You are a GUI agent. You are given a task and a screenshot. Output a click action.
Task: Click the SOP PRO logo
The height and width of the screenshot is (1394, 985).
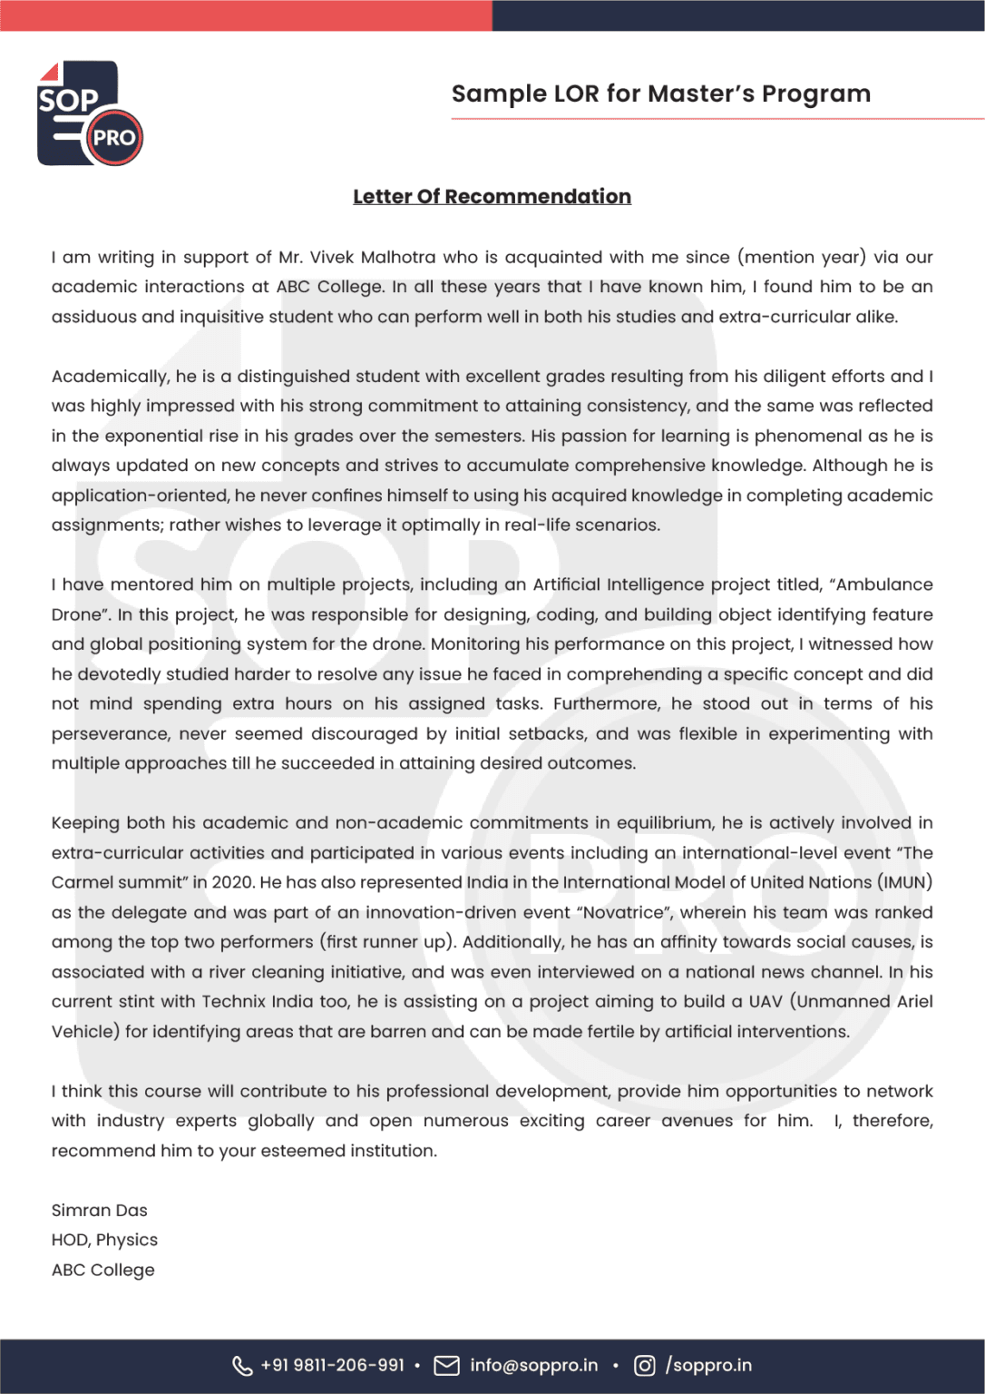(x=89, y=113)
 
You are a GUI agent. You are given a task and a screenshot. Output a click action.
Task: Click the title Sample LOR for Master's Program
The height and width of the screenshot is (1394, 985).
(x=660, y=93)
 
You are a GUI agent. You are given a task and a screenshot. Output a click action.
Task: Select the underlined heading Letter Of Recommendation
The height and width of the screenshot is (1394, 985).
(x=492, y=196)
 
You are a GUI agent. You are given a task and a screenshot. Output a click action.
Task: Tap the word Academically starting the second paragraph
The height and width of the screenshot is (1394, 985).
(x=110, y=376)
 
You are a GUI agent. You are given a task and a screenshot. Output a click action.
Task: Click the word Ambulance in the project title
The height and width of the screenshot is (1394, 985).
(x=883, y=584)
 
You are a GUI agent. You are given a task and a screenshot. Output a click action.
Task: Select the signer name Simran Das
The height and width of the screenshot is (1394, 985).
(x=99, y=1210)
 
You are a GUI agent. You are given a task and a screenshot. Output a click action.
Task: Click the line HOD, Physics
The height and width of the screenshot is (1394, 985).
(x=104, y=1240)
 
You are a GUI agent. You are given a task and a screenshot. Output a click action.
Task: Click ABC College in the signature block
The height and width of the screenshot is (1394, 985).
(x=102, y=1270)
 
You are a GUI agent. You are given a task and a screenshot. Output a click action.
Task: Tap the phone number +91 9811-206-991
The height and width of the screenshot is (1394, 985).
(x=332, y=1365)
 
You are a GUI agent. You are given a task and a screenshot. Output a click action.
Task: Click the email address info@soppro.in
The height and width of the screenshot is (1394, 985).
(x=533, y=1365)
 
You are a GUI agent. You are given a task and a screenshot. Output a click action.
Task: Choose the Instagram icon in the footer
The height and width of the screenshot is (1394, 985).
(x=644, y=1365)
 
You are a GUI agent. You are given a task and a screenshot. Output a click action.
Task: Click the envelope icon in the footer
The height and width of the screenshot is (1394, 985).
(x=446, y=1365)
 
